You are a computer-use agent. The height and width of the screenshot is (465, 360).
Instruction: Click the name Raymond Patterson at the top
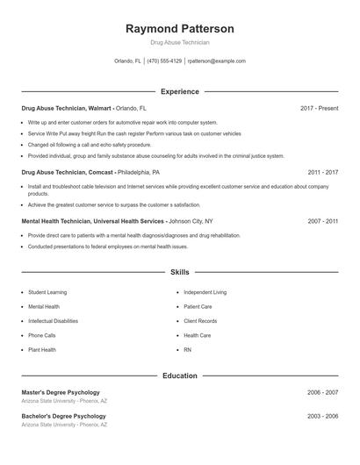(x=180, y=29)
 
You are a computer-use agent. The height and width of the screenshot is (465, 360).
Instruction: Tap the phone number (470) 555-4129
(x=164, y=61)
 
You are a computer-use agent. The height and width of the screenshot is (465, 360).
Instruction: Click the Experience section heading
(x=180, y=91)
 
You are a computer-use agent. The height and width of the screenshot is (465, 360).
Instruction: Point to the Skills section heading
(x=180, y=273)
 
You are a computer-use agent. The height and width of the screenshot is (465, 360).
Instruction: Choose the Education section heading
(x=180, y=376)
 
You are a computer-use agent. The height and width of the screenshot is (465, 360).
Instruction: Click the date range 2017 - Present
(x=319, y=108)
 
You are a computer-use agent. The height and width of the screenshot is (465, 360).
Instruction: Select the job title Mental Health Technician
(x=57, y=222)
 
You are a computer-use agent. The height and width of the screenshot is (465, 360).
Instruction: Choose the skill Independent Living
(x=205, y=291)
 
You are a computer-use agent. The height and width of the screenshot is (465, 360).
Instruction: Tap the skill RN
(x=187, y=349)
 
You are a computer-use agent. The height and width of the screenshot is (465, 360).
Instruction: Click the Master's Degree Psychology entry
(x=61, y=392)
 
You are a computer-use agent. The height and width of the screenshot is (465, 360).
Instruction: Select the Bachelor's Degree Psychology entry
(x=63, y=416)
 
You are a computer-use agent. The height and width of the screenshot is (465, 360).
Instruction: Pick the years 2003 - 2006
(x=322, y=416)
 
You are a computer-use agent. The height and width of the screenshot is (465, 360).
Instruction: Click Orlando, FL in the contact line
(x=127, y=61)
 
